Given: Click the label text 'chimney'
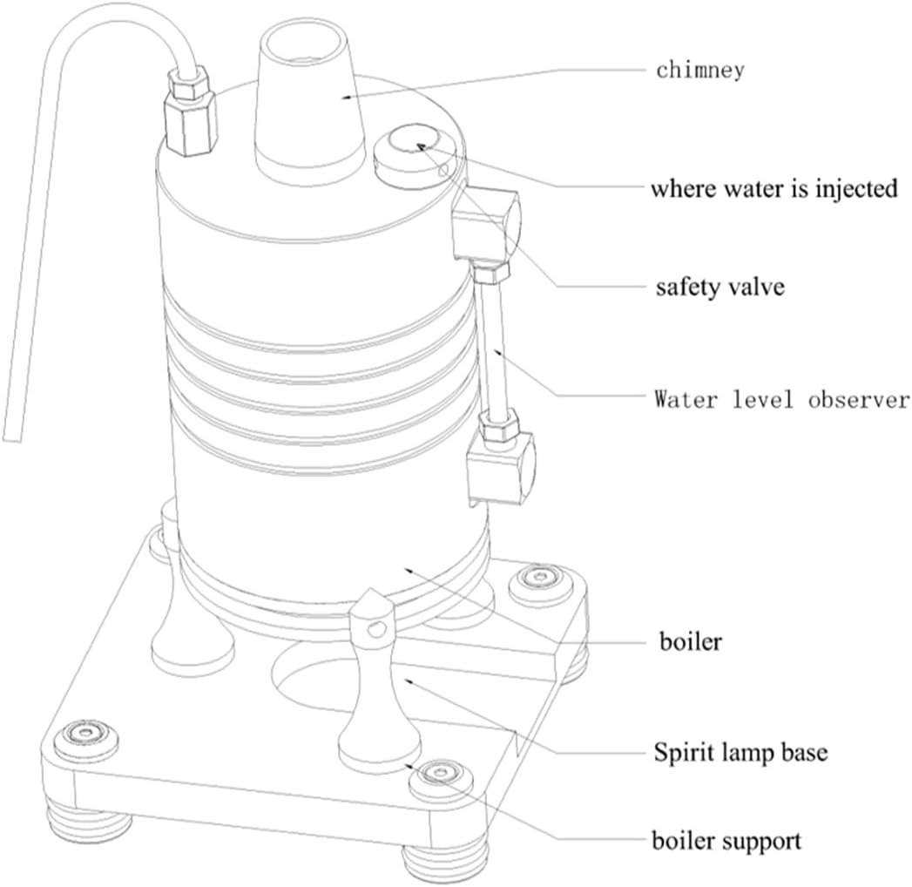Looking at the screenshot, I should click(x=699, y=70).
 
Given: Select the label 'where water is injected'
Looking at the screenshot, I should click(x=774, y=188).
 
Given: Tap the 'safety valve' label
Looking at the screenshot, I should click(x=719, y=287).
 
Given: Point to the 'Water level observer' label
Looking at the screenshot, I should click(x=781, y=401).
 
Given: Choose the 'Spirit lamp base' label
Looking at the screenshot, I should click(x=740, y=752).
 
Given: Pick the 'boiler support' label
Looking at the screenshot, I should click(x=727, y=841).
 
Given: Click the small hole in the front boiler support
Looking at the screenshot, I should click(x=375, y=628).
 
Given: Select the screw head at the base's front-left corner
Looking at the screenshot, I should click(x=84, y=736).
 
